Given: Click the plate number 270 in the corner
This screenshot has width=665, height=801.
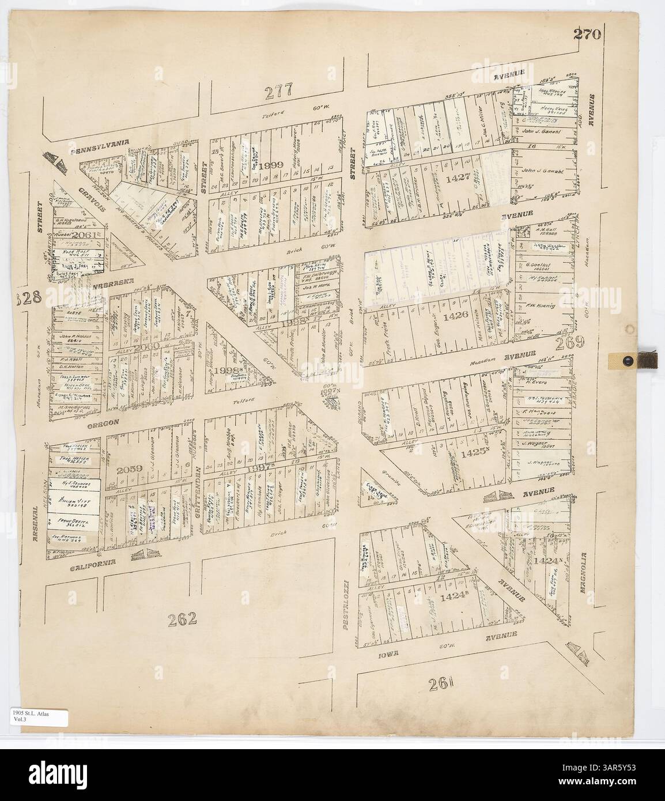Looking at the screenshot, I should [587, 34].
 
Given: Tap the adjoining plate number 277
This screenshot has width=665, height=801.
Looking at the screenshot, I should [280, 90].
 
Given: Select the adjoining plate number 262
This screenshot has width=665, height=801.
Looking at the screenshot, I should [183, 619].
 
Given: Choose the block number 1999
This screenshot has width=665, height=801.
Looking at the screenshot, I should [271, 165].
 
